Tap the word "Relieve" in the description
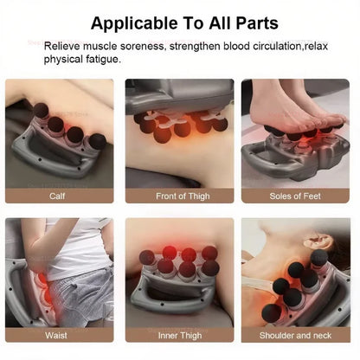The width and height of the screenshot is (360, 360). click(x=63, y=45)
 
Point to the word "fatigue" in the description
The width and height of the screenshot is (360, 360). click(x=102, y=59)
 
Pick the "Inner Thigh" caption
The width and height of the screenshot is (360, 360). click(x=179, y=335)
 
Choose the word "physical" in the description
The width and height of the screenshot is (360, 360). click(x=64, y=59)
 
